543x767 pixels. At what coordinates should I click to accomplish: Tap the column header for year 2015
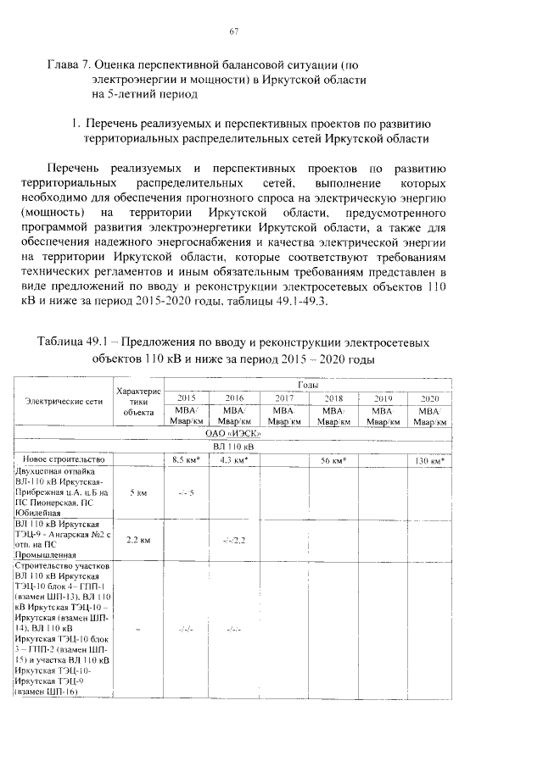(186, 397)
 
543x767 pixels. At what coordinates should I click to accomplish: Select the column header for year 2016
(233, 397)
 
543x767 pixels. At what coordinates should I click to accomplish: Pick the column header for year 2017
(283, 397)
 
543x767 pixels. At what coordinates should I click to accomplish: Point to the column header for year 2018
(333, 397)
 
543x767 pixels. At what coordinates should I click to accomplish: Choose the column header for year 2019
(383, 397)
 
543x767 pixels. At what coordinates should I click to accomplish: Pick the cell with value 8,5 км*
(186, 459)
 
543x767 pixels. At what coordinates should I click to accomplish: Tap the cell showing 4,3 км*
(233, 459)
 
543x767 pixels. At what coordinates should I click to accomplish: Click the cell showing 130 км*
(432, 459)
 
